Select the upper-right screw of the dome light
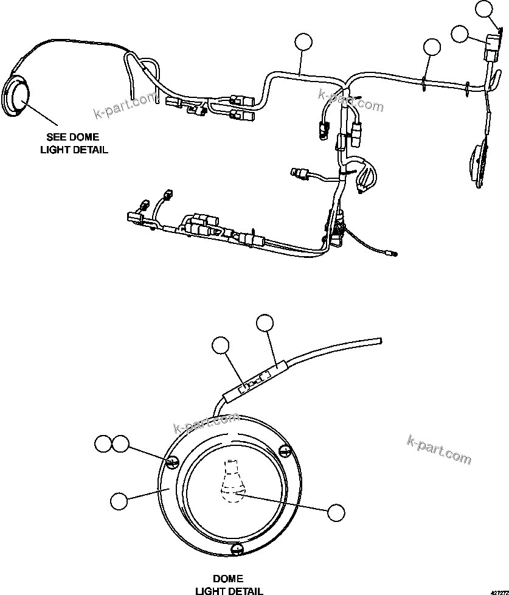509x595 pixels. [x=284, y=451]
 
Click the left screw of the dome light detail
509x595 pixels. [x=171, y=463]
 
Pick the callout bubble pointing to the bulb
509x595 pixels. [x=336, y=512]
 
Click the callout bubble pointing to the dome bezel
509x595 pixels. [x=119, y=501]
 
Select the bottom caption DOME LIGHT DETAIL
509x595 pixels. [x=229, y=584]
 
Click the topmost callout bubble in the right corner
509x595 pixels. [x=484, y=9]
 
